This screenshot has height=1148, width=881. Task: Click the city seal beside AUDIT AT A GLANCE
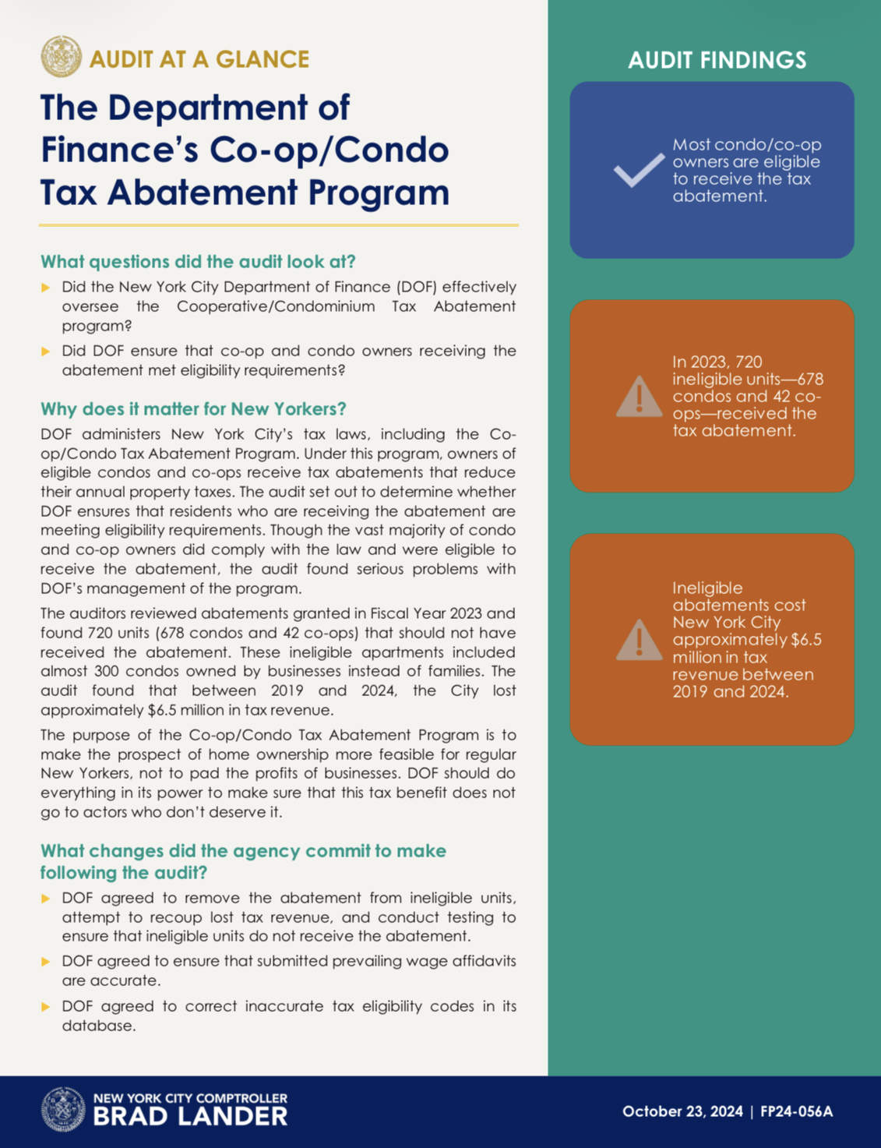[61, 57]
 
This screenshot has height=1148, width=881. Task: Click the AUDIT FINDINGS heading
[717, 60]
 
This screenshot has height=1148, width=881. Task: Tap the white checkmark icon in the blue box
[639, 170]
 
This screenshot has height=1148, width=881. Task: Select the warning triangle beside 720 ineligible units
[639, 397]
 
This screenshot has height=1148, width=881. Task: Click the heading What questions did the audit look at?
[198, 261]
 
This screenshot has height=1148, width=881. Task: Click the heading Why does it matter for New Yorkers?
[193, 409]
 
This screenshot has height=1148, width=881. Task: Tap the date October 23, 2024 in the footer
[682, 1111]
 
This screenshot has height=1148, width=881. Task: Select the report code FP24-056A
[796, 1111]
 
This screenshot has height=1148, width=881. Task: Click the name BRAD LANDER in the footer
[190, 1117]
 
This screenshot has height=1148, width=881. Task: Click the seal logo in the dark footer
[62, 1109]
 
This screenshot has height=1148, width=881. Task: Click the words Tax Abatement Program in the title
[245, 193]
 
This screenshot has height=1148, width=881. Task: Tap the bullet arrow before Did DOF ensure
[46, 351]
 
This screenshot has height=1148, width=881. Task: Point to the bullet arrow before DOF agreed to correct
[46, 1007]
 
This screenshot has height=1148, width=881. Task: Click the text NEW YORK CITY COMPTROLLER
[190, 1098]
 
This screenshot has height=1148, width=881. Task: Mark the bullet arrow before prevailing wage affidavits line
[46, 962]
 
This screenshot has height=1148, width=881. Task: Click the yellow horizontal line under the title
[278, 225]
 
